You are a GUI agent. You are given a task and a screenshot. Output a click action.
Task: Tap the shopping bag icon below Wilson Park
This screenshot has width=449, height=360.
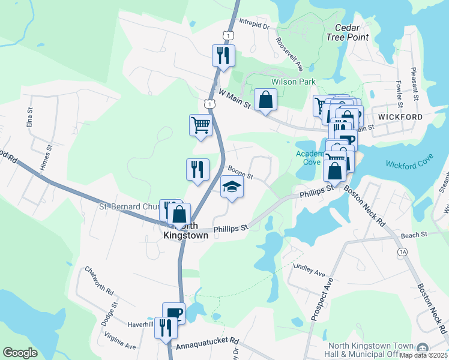click(265, 100)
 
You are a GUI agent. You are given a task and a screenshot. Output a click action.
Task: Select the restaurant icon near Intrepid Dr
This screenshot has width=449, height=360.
click(223, 56)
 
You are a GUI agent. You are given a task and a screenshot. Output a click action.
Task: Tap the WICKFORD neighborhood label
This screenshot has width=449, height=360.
click(400, 116)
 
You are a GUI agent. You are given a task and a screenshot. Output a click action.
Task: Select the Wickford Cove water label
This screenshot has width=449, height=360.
click(409, 164)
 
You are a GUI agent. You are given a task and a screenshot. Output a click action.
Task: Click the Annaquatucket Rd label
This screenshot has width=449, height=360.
click(207, 347)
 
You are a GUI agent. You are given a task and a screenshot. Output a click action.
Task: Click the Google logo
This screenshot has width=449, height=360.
click(20, 353)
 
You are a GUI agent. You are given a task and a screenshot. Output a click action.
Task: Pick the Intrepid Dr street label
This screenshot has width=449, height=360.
click(256, 26)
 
